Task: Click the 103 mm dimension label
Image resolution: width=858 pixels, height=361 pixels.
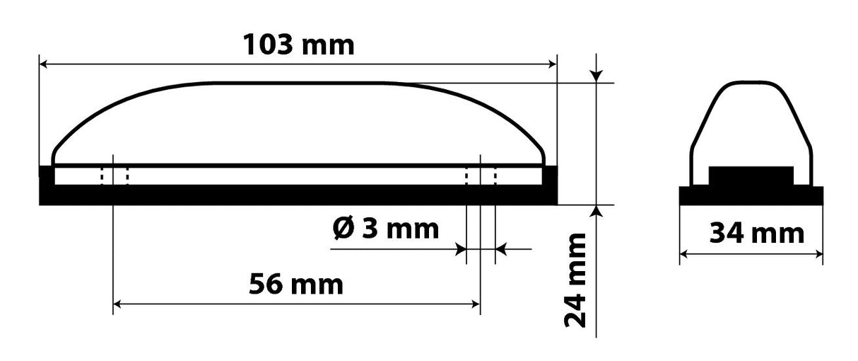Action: (x=298, y=45)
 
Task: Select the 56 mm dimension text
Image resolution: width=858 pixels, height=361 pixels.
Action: (x=295, y=285)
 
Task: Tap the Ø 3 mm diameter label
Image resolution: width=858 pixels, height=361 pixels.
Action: (x=385, y=229)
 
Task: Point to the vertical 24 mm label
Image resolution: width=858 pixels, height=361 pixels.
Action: (x=576, y=280)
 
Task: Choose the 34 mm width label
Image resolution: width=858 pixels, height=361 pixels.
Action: (x=756, y=232)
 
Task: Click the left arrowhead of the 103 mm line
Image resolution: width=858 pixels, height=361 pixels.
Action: (x=44, y=64)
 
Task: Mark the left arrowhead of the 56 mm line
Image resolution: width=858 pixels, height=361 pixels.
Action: (x=119, y=304)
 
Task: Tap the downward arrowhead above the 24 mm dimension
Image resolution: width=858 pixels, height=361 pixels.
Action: (x=597, y=76)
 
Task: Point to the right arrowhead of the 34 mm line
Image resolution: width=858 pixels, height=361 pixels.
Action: (x=818, y=253)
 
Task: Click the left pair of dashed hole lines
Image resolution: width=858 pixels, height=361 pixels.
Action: (x=114, y=175)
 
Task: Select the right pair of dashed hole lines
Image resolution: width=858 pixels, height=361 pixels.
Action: (x=481, y=175)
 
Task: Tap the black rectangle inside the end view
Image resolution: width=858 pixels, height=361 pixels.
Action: (x=751, y=176)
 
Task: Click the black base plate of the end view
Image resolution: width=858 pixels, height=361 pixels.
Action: (x=751, y=195)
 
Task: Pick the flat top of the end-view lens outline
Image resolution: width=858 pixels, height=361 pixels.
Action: (x=750, y=83)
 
